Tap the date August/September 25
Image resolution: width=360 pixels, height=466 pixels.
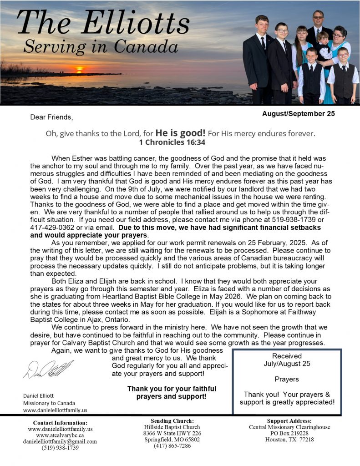click(x=298, y=114)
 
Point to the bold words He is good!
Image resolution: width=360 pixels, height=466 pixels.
click(x=181, y=133)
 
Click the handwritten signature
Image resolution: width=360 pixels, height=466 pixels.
click(x=48, y=369)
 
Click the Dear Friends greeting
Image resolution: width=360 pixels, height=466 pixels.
click(x=51, y=117)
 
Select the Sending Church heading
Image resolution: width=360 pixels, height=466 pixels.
click(x=172, y=420)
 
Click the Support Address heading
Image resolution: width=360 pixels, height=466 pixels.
click(x=289, y=420)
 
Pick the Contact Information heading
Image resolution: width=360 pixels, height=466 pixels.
click(x=60, y=422)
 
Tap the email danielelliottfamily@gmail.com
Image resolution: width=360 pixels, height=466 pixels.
click(x=60, y=441)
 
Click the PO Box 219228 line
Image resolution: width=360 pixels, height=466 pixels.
click(x=289, y=433)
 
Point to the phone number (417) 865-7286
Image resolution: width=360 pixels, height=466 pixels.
click(x=172, y=446)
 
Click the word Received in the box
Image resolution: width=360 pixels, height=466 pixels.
click(x=287, y=356)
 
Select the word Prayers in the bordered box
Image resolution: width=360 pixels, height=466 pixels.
click(x=287, y=379)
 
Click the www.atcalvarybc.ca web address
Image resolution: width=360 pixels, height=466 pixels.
click(x=60, y=435)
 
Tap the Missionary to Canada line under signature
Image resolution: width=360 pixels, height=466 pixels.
click(x=49, y=403)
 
